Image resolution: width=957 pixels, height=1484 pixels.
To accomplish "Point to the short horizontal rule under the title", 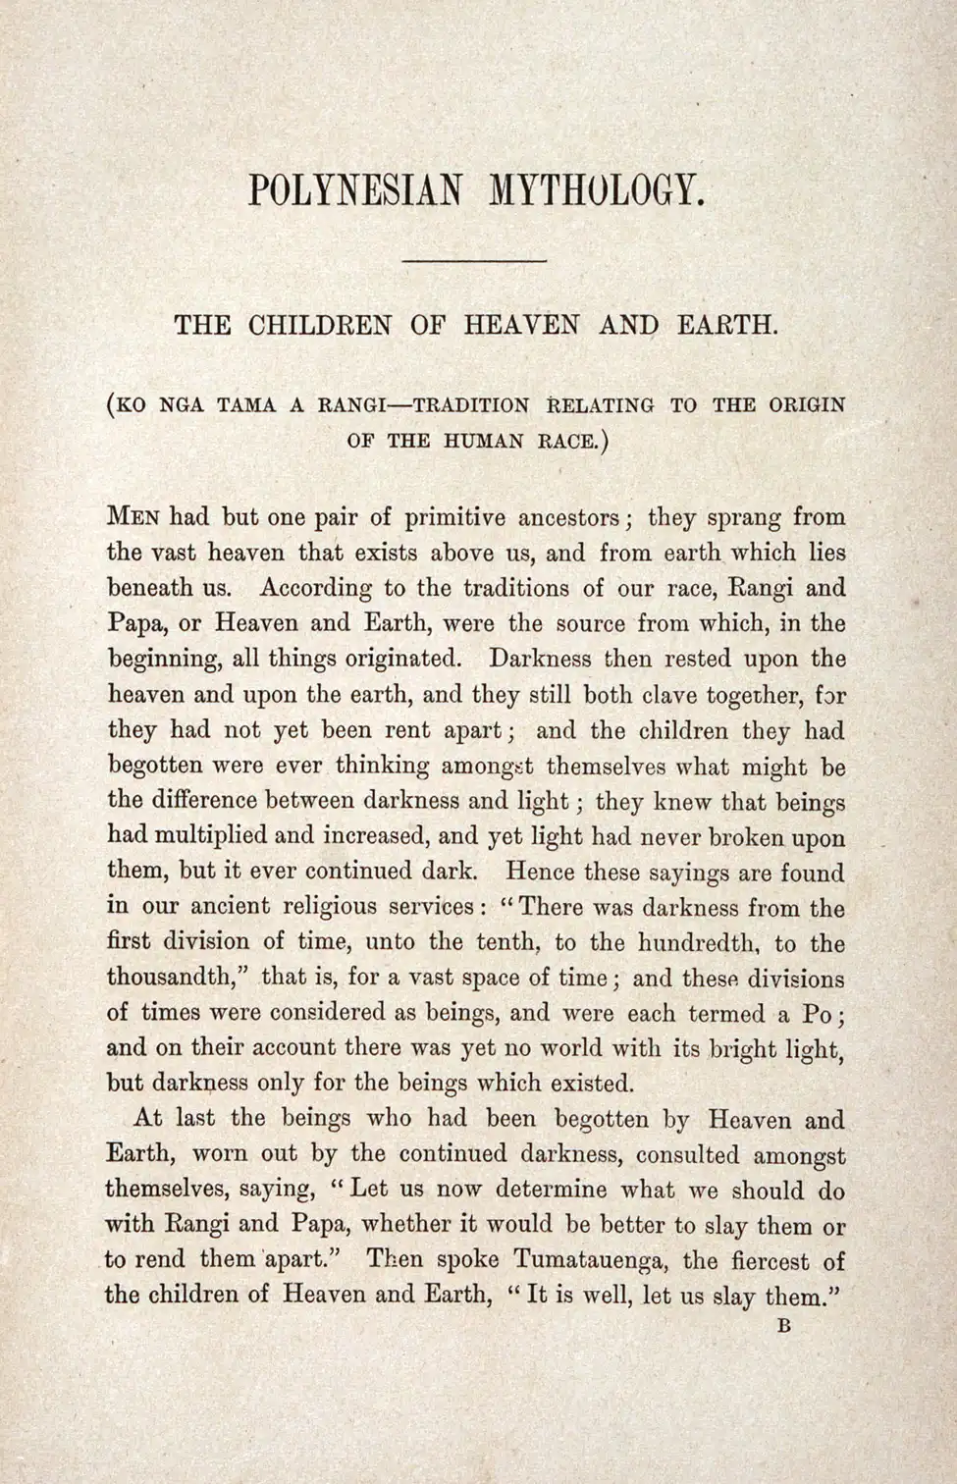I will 474,260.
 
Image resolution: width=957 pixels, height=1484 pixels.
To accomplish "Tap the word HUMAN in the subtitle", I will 481,440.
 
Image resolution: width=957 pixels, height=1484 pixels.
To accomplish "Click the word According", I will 316,588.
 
